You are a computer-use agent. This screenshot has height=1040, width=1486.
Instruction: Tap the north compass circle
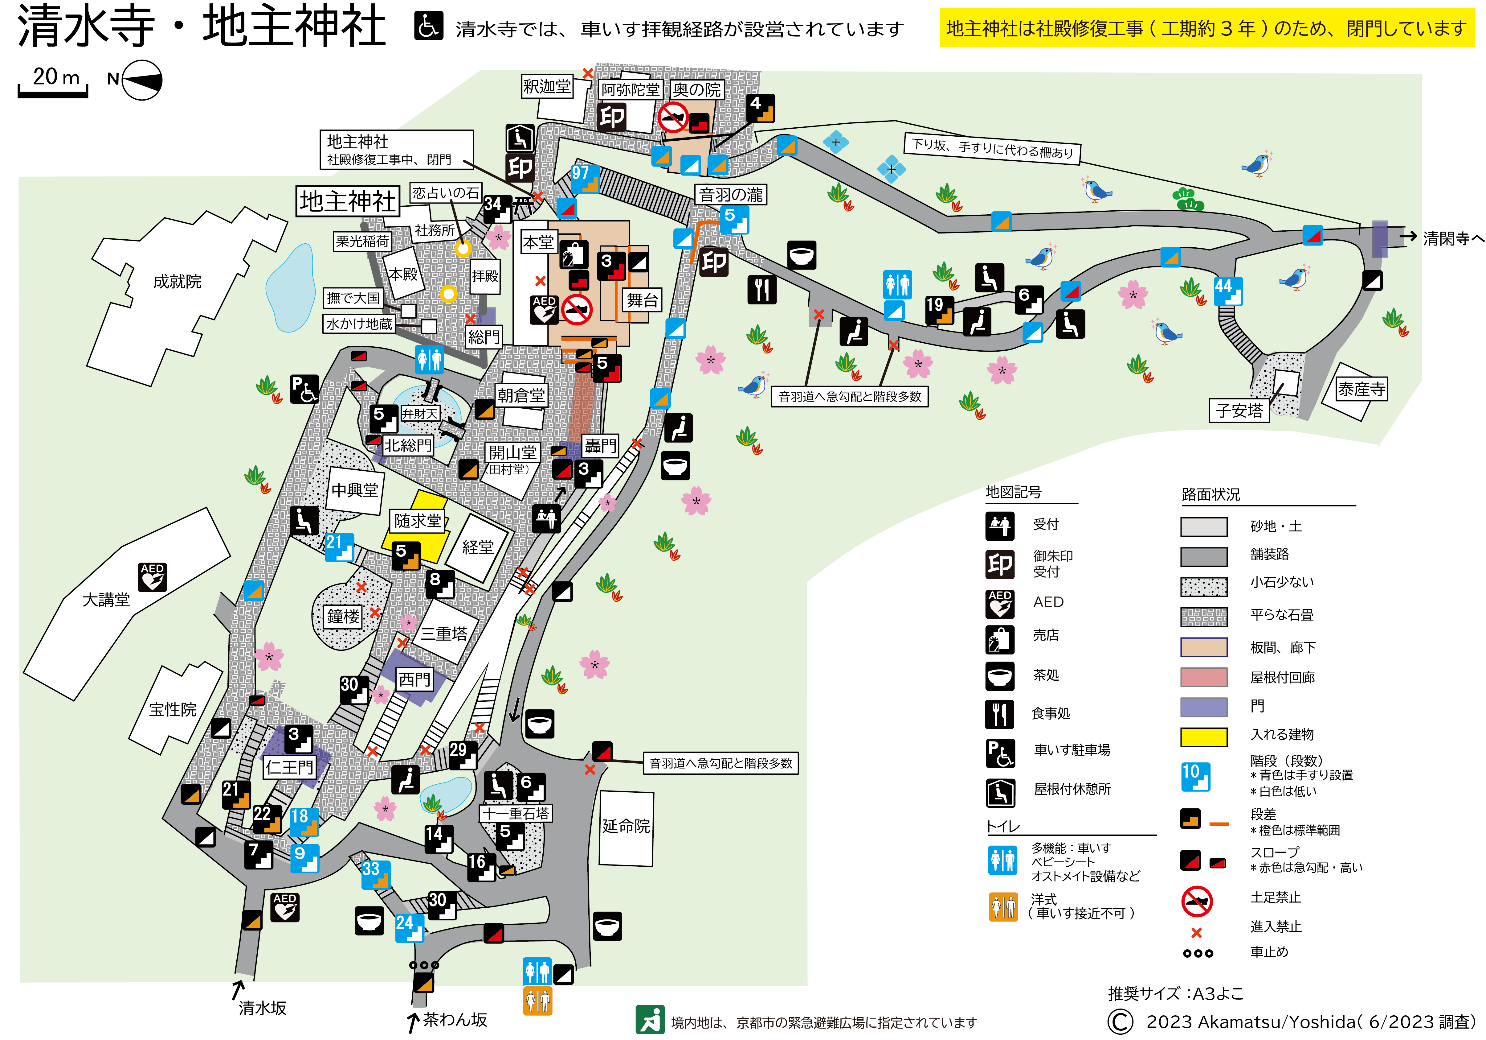142,80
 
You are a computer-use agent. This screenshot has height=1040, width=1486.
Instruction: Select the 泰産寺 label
1361,389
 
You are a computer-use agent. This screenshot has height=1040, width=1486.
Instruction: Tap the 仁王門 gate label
289,767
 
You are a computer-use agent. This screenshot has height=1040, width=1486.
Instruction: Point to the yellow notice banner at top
1206,28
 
